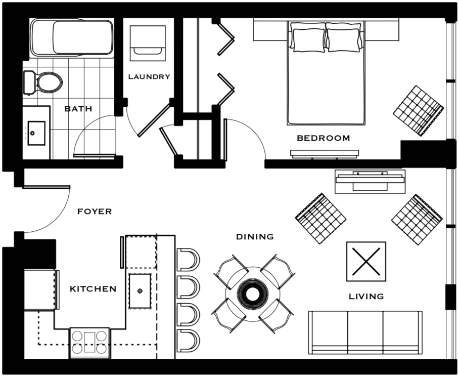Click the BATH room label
coord(78,109)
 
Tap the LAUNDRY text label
coord(149,77)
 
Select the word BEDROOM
coord(323,138)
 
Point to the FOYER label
coord(95,212)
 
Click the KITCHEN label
coord(93,289)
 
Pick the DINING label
coord(255,236)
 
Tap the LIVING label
coord(366,296)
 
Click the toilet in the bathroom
coord(43,82)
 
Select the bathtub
coord(72,37)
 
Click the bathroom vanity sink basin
coord(36,133)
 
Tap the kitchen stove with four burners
coord(89,343)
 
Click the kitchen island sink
coord(140,290)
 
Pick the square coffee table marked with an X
coord(366,262)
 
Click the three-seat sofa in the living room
coord(365,332)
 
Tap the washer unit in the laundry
coord(148,43)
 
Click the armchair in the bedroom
coord(419,111)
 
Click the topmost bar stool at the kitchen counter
coord(188,260)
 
